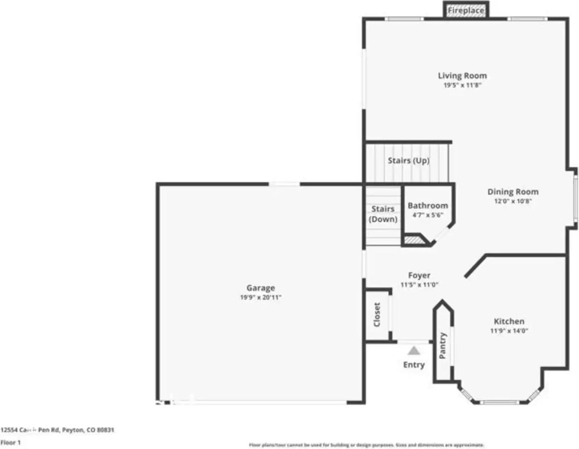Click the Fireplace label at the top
466,10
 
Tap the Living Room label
462,75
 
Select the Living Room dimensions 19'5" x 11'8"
462,86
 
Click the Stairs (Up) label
408,160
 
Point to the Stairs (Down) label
383,214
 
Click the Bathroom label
427,205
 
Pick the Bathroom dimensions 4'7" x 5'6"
427,215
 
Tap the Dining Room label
513,191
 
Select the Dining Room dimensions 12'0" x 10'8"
513,202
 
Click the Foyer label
419,275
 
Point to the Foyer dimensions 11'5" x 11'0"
419,285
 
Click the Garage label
261,288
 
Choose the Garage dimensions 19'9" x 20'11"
261,297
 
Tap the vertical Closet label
377,314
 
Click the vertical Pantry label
443,346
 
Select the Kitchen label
509,321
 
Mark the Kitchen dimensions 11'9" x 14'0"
509,331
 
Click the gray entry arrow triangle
413,351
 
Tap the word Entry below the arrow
414,365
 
